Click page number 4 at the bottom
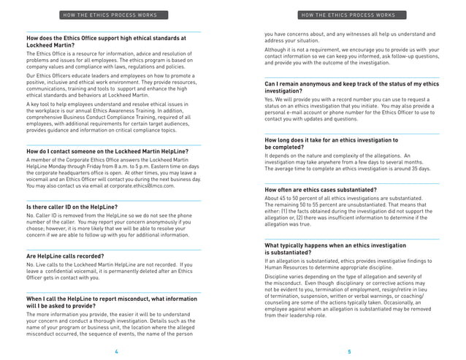point(116,351)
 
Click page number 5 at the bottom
point(349,351)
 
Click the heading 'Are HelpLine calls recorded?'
point(66,256)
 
